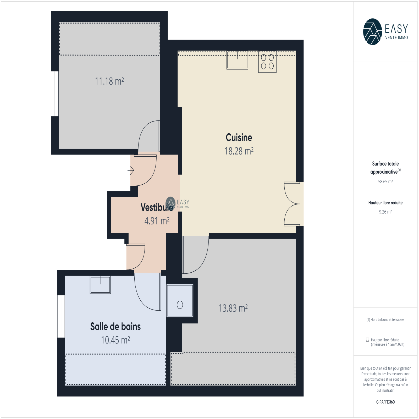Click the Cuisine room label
239,137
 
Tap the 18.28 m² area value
239,151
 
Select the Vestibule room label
157,207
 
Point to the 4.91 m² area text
157,221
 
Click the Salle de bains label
115,327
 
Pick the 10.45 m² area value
115,340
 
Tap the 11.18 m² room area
109,81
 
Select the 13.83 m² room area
233,308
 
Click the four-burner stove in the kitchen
267,62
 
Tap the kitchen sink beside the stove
237,60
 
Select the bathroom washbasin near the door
100,285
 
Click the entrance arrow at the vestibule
131,170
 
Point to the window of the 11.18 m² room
55,94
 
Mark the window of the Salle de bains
61,316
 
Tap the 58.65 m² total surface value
385,181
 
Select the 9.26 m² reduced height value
385,212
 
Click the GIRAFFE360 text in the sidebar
385,402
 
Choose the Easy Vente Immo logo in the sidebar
385,32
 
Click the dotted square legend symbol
367,340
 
